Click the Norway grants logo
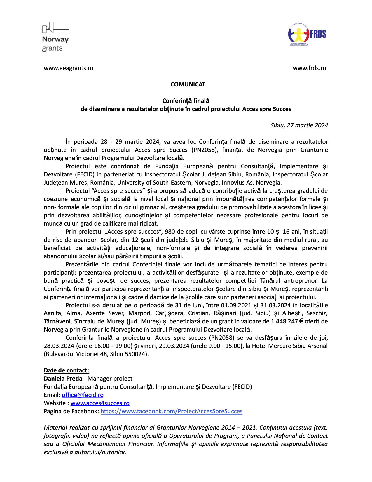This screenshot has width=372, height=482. (x=55, y=37)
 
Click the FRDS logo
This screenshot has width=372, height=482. (x=307, y=34)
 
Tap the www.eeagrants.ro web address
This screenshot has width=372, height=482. (x=69, y=68)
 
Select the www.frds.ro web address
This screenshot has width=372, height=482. (x=309, y=68)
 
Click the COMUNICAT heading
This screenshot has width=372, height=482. (x=188, y=84)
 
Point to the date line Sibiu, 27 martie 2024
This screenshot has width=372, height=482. (x=299, y=125)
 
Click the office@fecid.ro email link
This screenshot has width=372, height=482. (x=83, y=395)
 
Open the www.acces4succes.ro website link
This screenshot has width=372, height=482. (x=100, y=403)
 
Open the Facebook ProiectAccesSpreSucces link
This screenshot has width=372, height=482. (x=171, y=411)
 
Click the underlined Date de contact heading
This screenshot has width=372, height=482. (x=66, y=370)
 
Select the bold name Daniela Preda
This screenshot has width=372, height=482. (x=63, y=379)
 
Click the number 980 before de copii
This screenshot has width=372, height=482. (x=170, y=232)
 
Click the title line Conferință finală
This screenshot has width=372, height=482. (x=186, y=101)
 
